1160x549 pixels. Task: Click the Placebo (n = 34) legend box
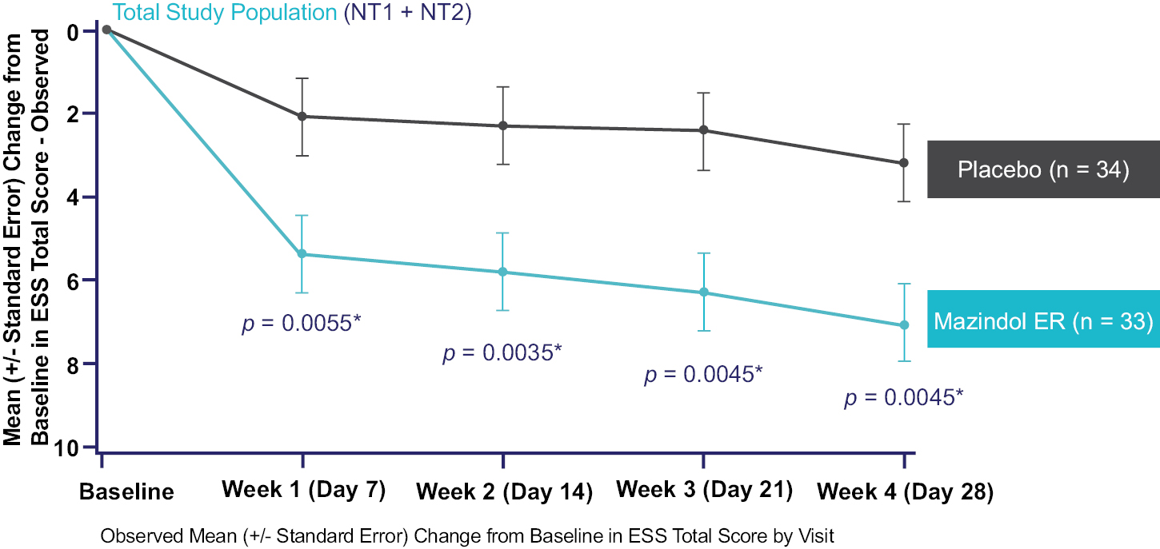point(1042,169)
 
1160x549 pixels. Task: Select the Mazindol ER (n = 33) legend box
point(1042,320)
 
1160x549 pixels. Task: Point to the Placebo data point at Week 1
point(303,117)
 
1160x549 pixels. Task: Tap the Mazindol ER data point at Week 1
point(303,254)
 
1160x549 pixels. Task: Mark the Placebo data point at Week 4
point(904,163)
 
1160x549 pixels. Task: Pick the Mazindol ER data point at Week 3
point(704,292)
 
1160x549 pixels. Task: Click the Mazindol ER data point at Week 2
point(503,273)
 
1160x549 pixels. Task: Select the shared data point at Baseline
point(106,30)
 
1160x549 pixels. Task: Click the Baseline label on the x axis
point(126,491)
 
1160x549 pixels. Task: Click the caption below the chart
point(467,535)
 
